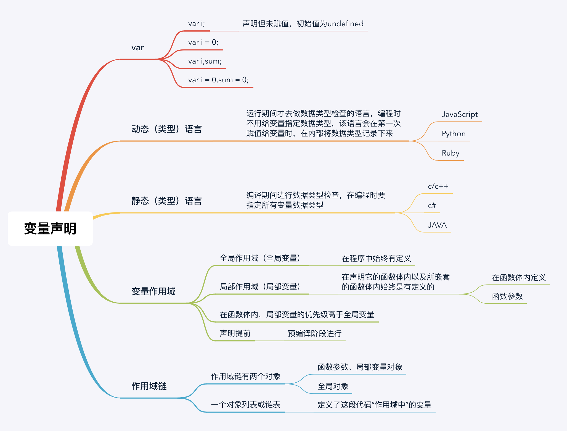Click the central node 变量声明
50,228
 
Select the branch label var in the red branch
137,48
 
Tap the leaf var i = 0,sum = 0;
218,80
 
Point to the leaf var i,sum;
205,61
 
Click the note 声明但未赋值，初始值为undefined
303,24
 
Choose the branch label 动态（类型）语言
166,129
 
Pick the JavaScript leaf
460,114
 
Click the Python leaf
454,134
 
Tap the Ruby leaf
451,153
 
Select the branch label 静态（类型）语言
166,201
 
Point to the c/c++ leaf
438,186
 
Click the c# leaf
432,206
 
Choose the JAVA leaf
437,225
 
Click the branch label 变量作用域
153,291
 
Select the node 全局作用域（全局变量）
260,258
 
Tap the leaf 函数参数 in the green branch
507,296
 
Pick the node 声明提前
235,333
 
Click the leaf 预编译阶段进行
314,334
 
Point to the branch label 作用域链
149,386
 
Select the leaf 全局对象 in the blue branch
333,387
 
